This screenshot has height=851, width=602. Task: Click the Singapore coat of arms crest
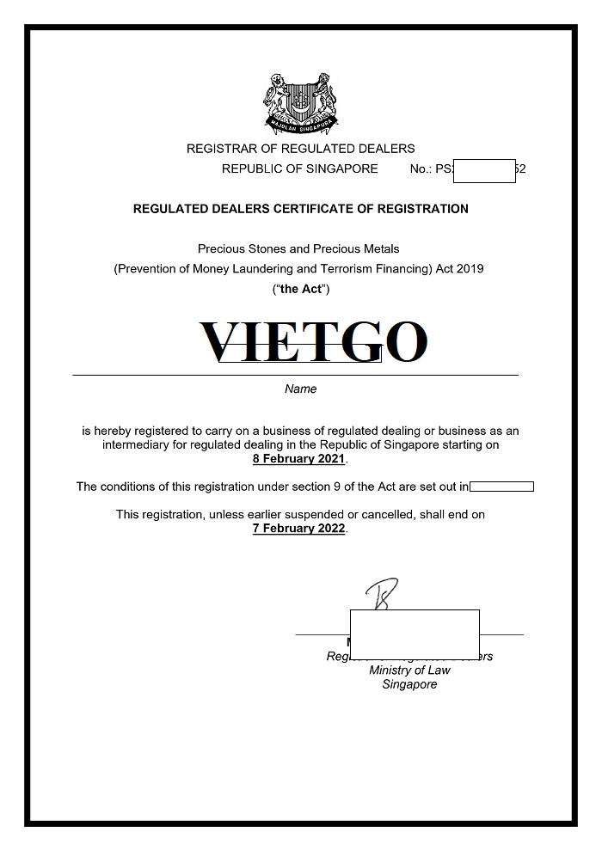pos(300,104)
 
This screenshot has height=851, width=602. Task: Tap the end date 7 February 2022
pos(298,529)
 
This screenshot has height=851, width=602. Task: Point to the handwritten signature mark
pos(380,594)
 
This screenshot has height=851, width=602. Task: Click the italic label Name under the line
pos(300,389)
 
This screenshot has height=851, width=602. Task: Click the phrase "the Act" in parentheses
pos(301,290)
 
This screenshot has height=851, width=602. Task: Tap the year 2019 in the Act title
pos(471,269)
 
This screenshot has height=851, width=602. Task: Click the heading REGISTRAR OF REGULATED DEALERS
pos(300,149)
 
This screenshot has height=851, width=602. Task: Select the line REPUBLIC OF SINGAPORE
pos(299,168)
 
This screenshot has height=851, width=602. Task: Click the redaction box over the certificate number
pos(483,170)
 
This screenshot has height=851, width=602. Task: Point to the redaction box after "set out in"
pos(501,487)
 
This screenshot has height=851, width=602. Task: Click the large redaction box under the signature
pos(415,633)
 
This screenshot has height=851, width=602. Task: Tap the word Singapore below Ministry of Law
pos(409,685)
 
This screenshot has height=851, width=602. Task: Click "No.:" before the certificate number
pos(421,168)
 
